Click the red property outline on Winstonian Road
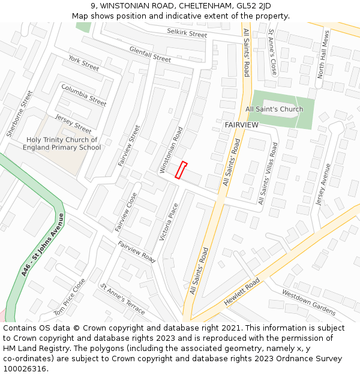coord(181,170)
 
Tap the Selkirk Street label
coord(187,34)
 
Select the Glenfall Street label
coord(150,55)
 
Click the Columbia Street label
coord(83,95)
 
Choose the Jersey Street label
coord(73,124)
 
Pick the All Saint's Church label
coord(274,109)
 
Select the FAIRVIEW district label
coord(241,125)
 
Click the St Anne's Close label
coord(272,52)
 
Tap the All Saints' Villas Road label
coord(268,174)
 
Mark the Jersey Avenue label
coord(323,184)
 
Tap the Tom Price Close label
coord(70,297)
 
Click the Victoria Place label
coord(169,222)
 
